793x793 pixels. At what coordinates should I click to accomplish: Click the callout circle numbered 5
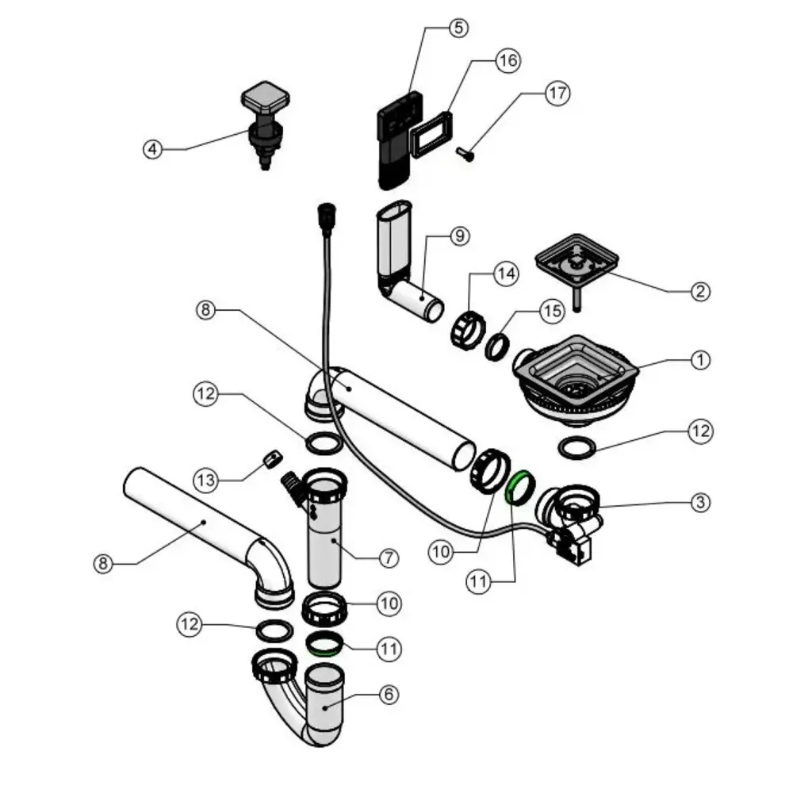458,28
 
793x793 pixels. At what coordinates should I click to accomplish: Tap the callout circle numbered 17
557,93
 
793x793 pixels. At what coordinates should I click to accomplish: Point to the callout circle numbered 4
152,148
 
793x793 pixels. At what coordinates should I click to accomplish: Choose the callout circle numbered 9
459,236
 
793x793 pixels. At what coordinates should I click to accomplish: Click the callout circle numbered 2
699,291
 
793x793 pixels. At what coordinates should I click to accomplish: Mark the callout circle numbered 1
699,360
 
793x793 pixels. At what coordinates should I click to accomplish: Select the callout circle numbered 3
699,502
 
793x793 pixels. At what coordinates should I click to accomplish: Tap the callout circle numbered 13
205,480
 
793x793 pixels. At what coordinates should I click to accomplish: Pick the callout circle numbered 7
388,558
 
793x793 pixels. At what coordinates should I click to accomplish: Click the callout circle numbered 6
388,695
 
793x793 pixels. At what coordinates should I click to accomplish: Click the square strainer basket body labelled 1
578,379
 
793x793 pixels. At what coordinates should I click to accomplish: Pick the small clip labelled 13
271,458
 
